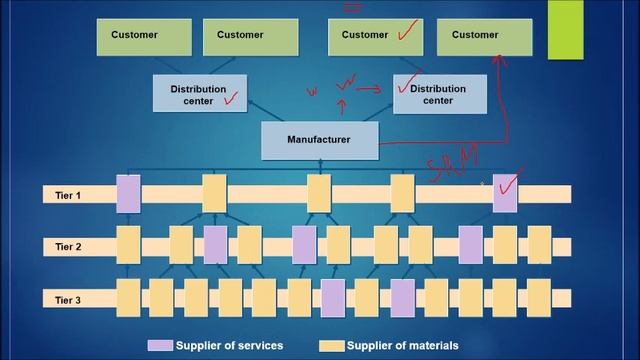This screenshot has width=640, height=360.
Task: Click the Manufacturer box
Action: pyautogui.click(x=320, y=140)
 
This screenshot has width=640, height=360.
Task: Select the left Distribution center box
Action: pyautogui.click(x=199, y=94)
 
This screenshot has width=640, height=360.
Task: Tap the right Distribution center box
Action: pyautogui.click(x=440, y=94)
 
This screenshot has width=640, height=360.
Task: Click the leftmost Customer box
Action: pyautogui.click(x=135, y=35)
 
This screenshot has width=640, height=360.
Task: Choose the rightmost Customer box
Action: pyautogui.click(x=475, y=35)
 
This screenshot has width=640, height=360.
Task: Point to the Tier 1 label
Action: pyautogui.click(x=68, y=195)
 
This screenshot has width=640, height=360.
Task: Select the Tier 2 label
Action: pyautogui.click(x=68, y=246)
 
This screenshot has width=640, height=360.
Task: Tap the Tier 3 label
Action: pyautogui.click(x=68, y=298)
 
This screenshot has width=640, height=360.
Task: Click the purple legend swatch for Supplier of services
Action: pyautogui.click(x=160, y=346)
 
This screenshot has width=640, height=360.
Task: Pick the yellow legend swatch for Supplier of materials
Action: pyautogui.click(x=332, y=346)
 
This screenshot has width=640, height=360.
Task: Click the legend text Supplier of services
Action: pyautogui.click(x=230, y=346)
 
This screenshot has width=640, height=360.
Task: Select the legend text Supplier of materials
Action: pyautogui.click(x=403, y=346)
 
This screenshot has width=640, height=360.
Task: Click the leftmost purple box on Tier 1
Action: pyautogui.click(x=129, y=194)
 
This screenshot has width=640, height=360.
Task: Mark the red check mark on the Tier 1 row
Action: pyautogui.click(x=510, y=183)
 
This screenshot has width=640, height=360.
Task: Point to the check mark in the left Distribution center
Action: pyautogui.click(x=233, y=99)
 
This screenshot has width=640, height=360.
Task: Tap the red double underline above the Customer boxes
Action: pyautogui.click(x=352, y=6)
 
